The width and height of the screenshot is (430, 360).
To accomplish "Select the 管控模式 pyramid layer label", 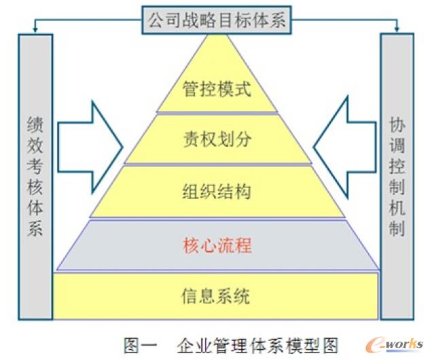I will (x=217, y=89).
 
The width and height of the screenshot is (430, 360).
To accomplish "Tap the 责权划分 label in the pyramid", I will (x=217, y=139).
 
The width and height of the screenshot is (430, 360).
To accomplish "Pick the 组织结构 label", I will (x=217, y=191).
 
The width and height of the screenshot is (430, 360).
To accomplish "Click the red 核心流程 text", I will (x=217, y=245).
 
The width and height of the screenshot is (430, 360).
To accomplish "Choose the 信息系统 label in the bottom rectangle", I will (x=216, y=296).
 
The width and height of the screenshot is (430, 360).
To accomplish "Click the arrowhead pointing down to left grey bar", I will (x=35, y=29).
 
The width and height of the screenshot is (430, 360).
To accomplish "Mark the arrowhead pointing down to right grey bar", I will (x=397, y=29).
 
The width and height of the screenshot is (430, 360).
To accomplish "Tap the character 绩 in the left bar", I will (x=35, y=124).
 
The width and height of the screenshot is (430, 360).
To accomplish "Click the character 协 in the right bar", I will (x=397, y=124).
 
